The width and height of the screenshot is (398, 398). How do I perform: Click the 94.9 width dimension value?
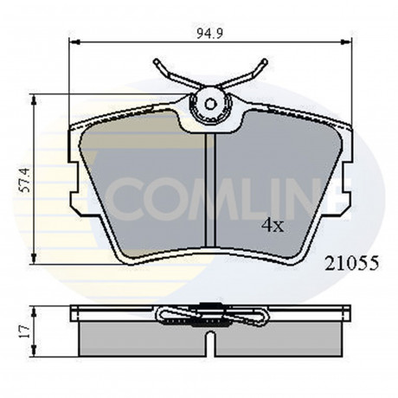click(209, 34)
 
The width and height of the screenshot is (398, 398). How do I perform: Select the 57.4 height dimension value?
click(25, 180)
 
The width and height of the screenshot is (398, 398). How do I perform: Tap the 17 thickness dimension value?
click(25, 331)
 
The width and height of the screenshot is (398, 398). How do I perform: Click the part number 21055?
click(351, 263)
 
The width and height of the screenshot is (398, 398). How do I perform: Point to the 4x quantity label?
click(273, 226)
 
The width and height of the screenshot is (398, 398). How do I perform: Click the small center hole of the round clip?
click(210, 104)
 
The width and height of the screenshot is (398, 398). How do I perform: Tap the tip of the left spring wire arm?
click(156, 61)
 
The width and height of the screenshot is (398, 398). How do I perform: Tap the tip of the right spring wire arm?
click(265, 61)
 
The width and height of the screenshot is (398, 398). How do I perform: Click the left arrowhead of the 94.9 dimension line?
click(74, 42)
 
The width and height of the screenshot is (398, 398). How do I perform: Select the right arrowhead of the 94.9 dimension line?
click(346, 42)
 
